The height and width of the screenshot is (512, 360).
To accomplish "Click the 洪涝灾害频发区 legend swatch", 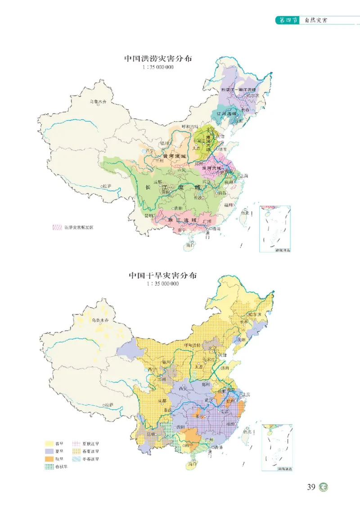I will coord(56,227).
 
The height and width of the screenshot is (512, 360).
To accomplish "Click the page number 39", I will coord(311,487).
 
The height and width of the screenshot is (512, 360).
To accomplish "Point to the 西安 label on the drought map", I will coord(182,388).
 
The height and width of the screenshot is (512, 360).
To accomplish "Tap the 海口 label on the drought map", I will coord(193,463).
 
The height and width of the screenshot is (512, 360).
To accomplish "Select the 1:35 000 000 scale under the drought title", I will coord(162,284).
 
